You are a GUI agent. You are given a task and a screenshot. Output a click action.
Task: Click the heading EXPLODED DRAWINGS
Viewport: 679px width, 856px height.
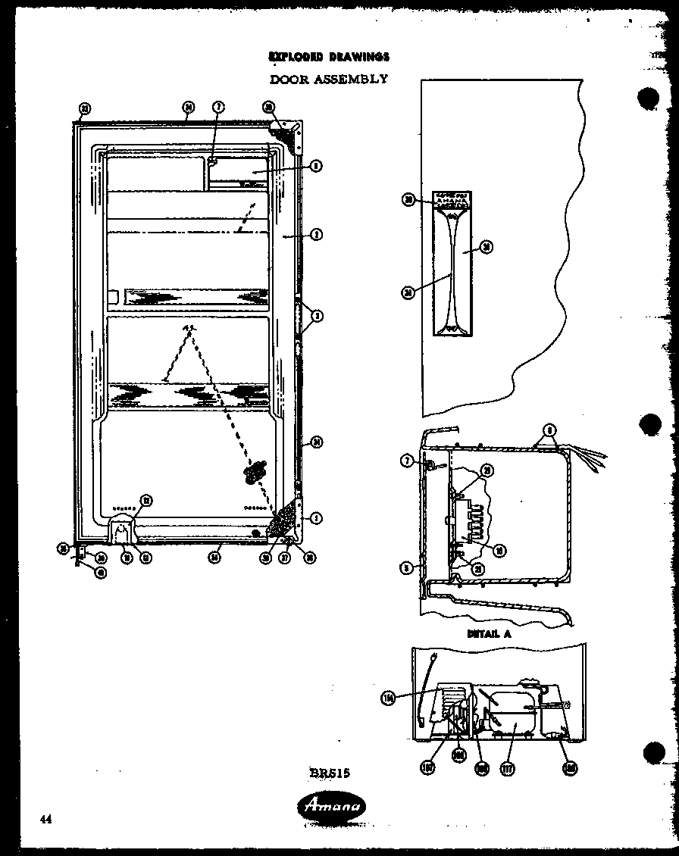(329, 57)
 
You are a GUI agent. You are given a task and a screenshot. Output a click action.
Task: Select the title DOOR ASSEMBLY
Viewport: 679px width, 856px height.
(329, 79)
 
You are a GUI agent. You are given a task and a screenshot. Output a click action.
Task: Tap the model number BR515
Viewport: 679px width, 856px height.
(329, 773)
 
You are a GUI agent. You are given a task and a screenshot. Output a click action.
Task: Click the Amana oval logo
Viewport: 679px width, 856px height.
(330, 807)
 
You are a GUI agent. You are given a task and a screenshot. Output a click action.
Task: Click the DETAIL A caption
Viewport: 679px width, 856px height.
(489, 633)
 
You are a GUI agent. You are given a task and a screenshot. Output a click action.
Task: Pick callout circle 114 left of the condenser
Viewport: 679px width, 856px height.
(390, 698)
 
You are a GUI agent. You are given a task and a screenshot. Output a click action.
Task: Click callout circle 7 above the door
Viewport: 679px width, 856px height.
(217, 108)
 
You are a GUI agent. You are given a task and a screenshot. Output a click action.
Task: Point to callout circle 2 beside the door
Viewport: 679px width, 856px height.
(316, 235)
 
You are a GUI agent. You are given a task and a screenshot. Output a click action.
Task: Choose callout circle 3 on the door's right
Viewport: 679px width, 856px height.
(318, 316)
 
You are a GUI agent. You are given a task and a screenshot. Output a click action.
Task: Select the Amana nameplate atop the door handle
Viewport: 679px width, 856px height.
(452, 201)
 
